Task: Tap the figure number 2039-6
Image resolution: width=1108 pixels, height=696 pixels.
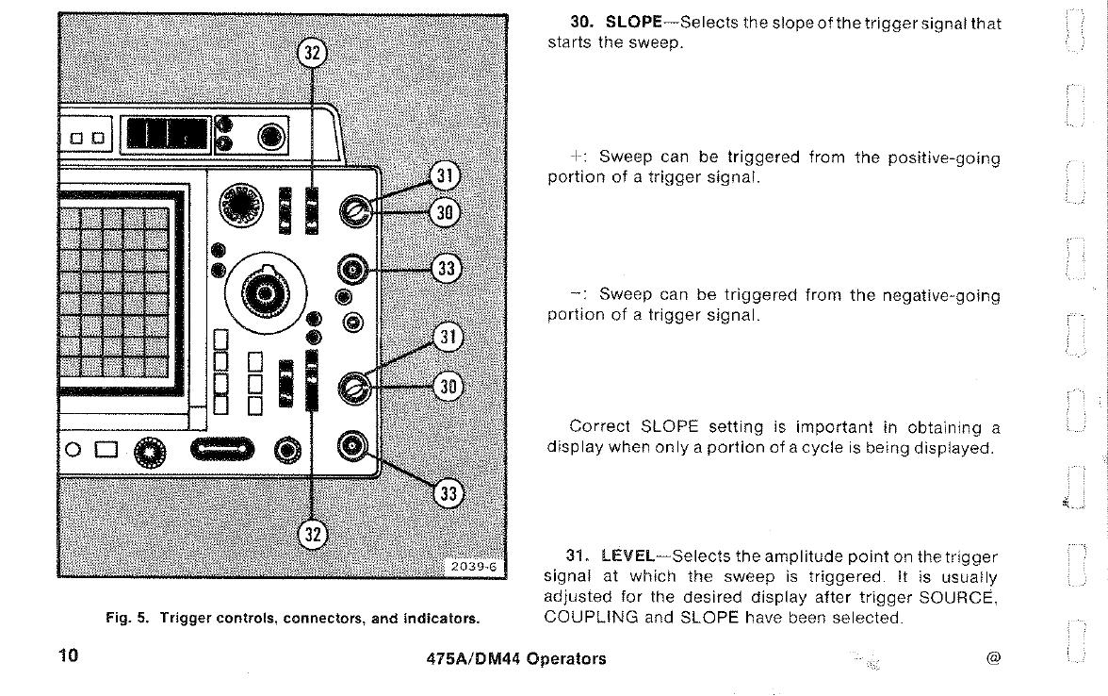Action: pyautogui.click(x=475, y=566)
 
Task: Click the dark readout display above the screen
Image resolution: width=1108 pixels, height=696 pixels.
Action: pyautogui.click(x=167, y=134)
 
